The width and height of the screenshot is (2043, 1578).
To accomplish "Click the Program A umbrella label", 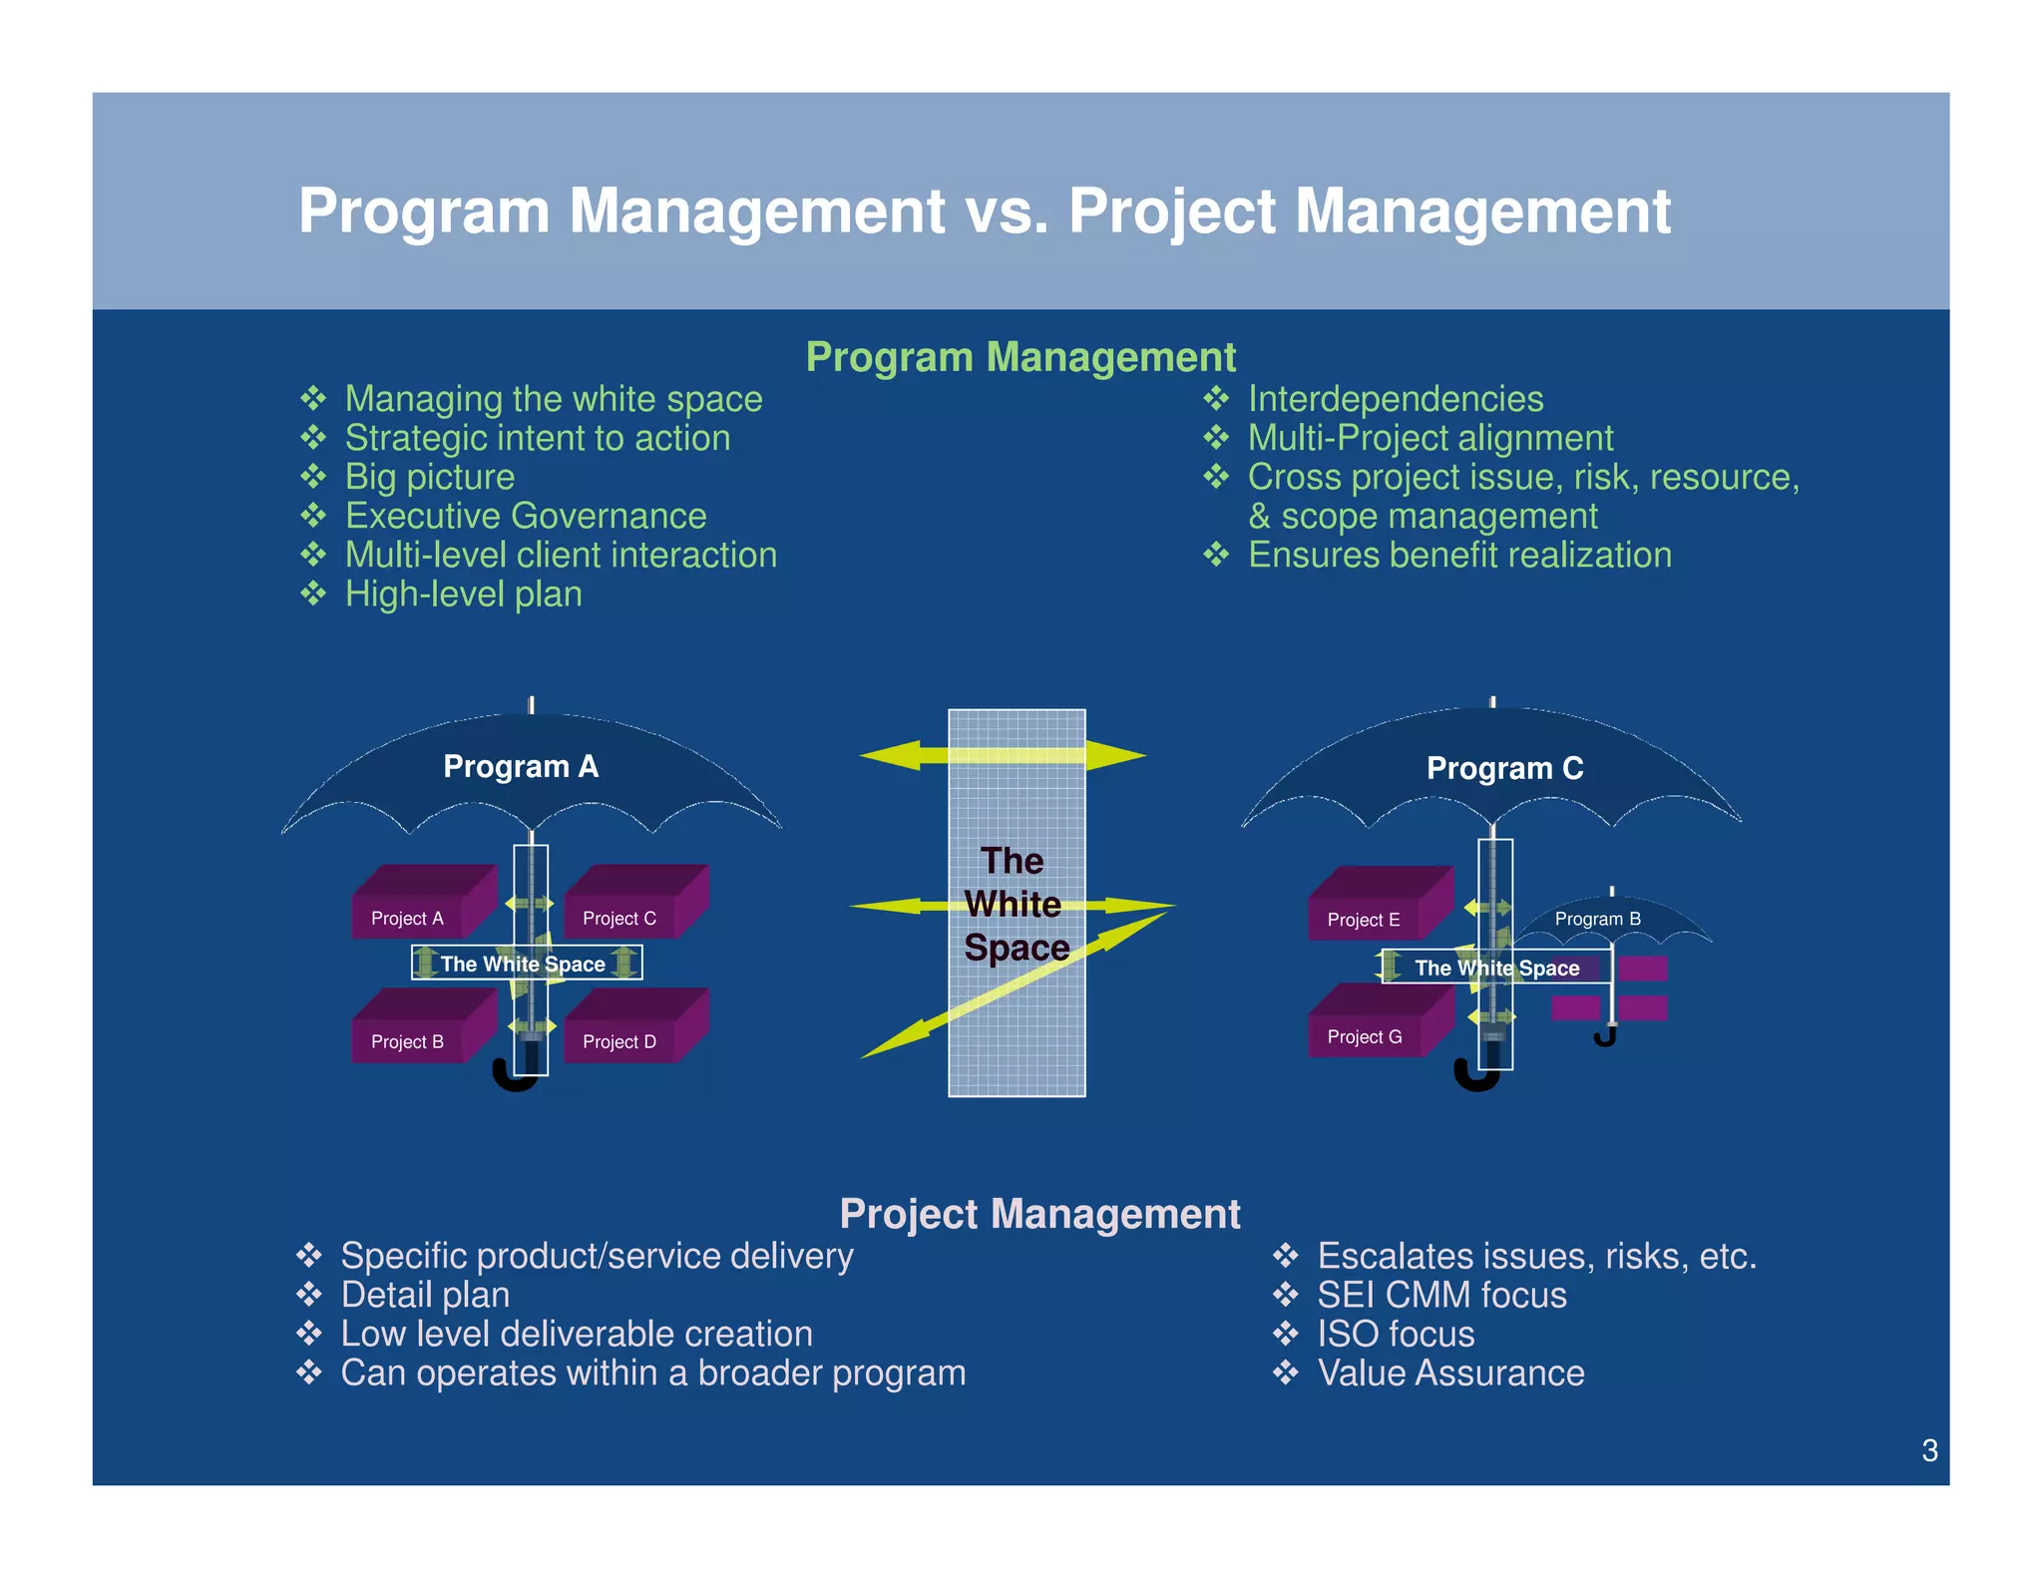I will (521, 766).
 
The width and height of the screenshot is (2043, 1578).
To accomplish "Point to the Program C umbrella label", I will (1504, 768).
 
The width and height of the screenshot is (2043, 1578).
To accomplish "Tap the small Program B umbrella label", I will (1597, 919).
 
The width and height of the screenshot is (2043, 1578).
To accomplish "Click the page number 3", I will (1929, 1450).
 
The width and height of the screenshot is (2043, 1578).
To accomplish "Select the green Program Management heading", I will (1020, 357).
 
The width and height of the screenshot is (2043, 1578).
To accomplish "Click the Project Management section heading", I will (1039, 1214).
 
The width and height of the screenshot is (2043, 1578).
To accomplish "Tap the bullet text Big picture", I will (430, 477).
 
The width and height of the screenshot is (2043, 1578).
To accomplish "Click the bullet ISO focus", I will (1395, 1334).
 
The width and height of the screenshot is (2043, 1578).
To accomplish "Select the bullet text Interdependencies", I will (1395, 399).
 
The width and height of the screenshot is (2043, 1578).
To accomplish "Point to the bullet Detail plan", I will (425, 1295).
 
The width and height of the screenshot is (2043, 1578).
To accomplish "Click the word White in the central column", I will (1013, 905).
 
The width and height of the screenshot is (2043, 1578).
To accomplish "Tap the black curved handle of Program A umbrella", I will (513, 1080).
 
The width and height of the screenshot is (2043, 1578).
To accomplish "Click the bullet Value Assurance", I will (1449, 1373).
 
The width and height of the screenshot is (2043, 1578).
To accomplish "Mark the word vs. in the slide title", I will (1007, 211).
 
